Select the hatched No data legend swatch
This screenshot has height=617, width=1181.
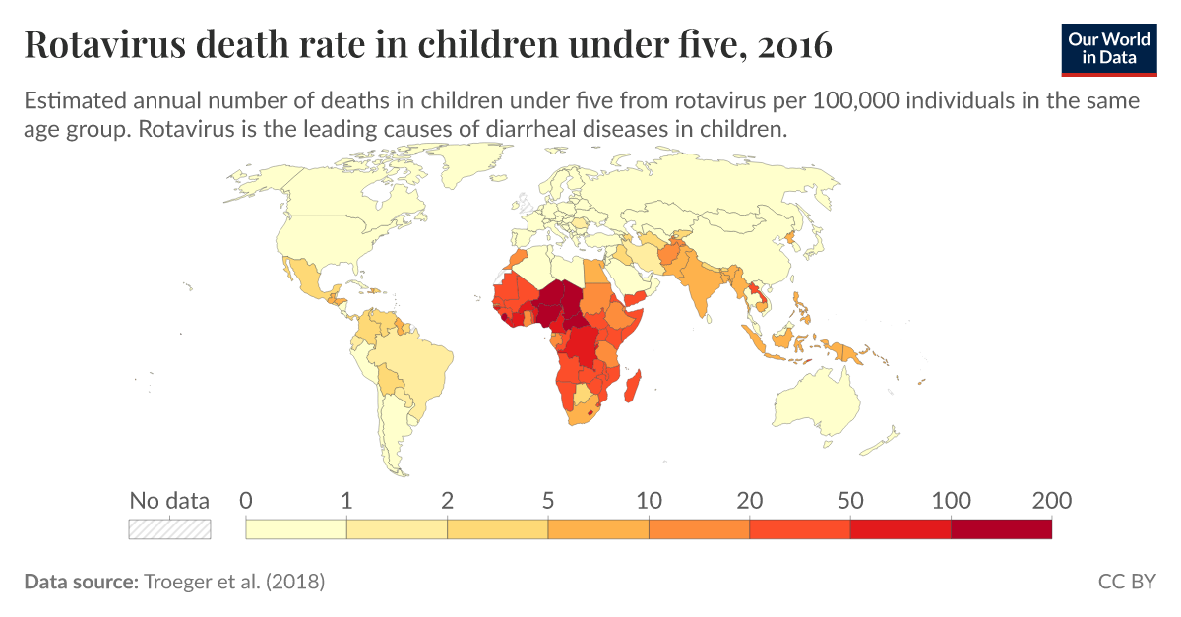tap(170, 528)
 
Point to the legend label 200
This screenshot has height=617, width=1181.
tap(1051, 500)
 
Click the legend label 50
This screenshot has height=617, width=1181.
tap(850, 500)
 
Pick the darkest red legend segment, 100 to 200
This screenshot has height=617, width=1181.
tap(1001, 528)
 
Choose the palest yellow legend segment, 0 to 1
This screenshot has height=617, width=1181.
tap(296, 528)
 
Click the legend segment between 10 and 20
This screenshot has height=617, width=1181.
tap(699, 528)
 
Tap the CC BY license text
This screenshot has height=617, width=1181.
tap(1127, 582)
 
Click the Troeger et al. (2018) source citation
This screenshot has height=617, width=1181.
tap(234, 582)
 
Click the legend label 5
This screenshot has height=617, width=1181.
tap(548, 500)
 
